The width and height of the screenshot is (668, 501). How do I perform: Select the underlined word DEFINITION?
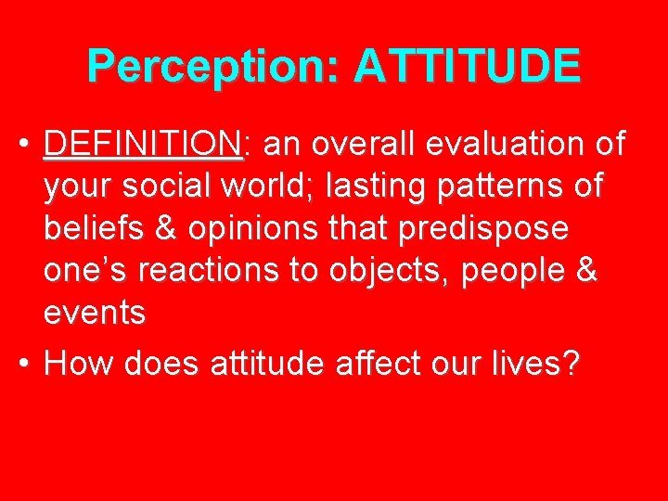tap(142, 145)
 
